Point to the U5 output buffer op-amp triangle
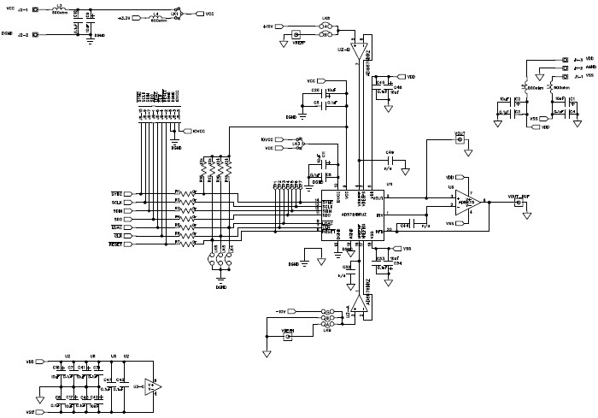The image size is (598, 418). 464,202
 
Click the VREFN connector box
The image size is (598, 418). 288,338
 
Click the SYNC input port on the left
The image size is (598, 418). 118,194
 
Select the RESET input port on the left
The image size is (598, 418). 118,244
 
